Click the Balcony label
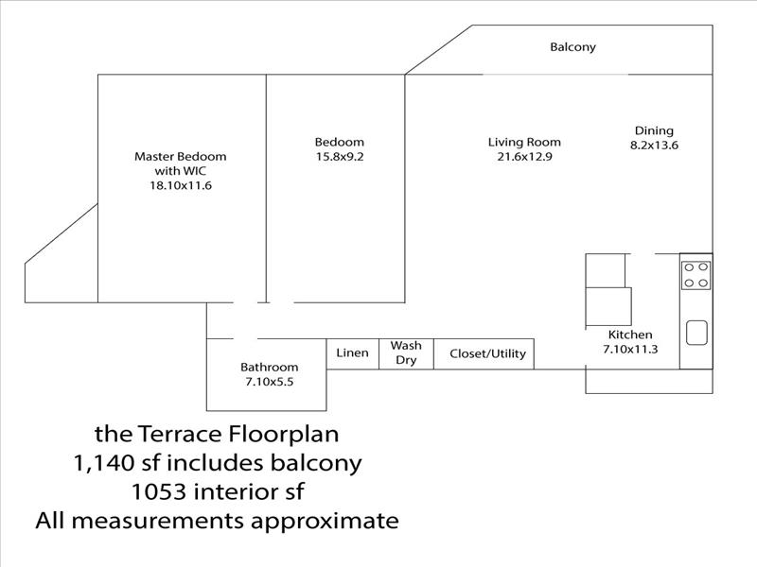point(572,47)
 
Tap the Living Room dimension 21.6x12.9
point(525,156)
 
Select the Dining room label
point(654,130)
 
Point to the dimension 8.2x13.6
point(654,146)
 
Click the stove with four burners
point(695,275)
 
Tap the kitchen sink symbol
point(696,333)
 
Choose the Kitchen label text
point(630,335)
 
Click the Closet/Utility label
point(487,353)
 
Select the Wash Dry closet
point(406,353)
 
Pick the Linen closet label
point(352,352)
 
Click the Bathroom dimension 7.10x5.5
point(270,382)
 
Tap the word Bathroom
point(270,368)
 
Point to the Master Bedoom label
point(181,157)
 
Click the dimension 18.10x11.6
point(181,185)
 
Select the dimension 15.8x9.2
point(340,157)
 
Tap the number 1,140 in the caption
point(103,463)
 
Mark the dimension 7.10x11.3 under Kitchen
point(630,349)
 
